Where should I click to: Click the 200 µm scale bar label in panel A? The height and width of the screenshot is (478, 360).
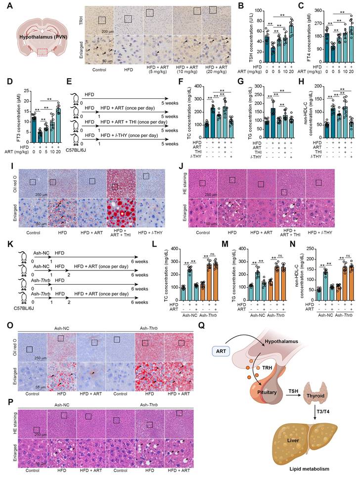108,31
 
